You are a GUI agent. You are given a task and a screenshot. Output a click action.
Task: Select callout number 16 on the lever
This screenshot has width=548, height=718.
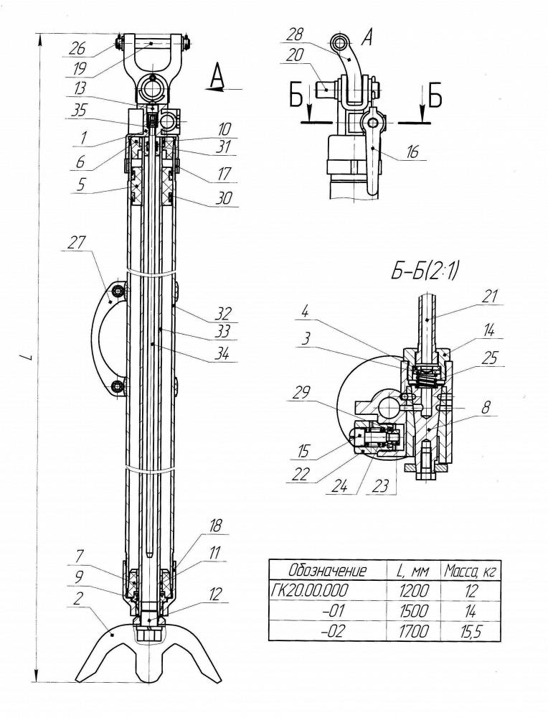(412, 152)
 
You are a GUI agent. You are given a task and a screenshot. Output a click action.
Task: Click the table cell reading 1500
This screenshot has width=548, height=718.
(414, 610)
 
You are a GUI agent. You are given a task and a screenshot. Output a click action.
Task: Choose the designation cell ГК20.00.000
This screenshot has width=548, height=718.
(310, 590)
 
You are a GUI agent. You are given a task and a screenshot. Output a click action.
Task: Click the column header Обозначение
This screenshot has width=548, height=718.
(328, 571)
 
